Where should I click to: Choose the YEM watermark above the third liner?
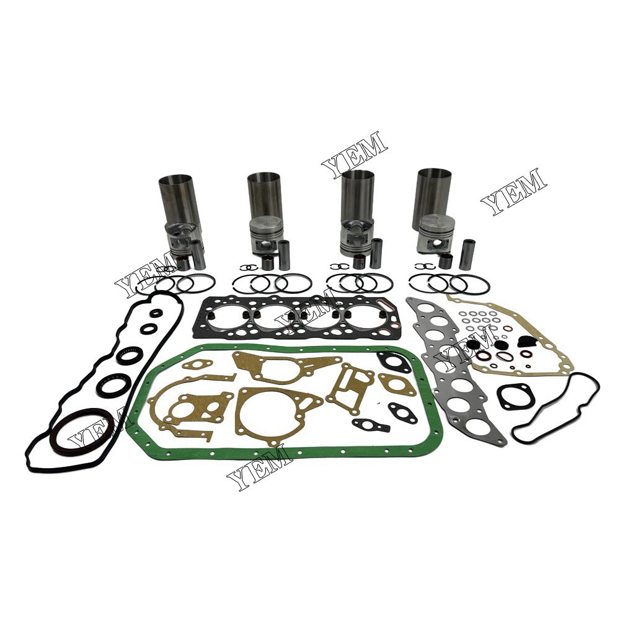[x=354, y=149]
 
